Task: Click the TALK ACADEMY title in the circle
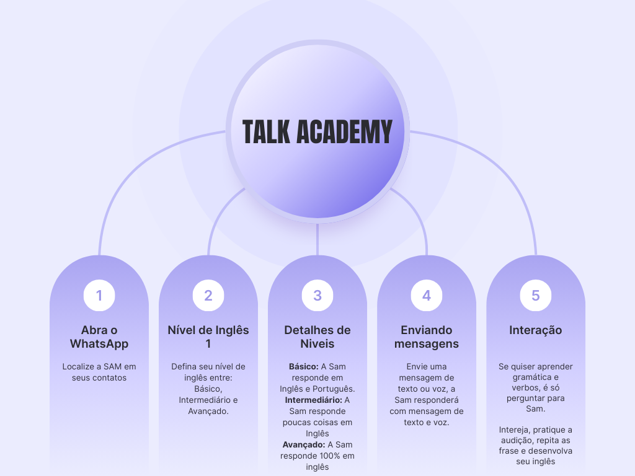tap(317, 131)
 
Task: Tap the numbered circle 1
tap(99, 296)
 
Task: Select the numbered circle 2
tap(208, 296)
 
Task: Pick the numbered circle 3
tap(317, 296)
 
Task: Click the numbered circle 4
tap(427, 296)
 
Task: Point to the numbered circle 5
tap(536, 296)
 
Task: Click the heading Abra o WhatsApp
tap(99, 337)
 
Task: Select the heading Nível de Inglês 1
tap(208, 337)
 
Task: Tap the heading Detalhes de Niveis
tap(317, 337)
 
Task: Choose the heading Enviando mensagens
tap(427, 337)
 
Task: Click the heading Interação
tap(536, 330)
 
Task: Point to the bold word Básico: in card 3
tap(304, 367)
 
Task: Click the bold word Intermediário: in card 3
tap(314, 400)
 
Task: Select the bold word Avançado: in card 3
tap(304, 445)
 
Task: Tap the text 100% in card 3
tap(327, 456)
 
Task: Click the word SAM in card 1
tap(113, 367)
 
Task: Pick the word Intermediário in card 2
tap(203, 400)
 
